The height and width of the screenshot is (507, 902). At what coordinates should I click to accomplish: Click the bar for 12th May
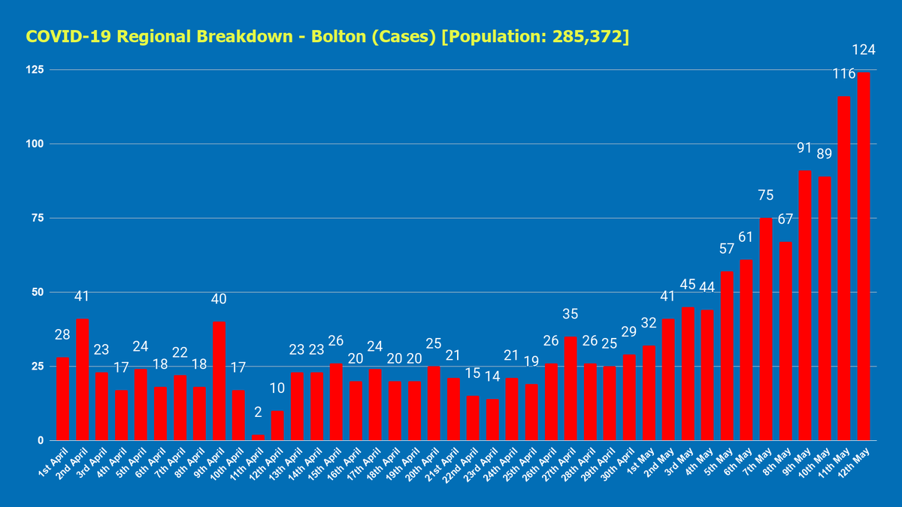coord(864,255)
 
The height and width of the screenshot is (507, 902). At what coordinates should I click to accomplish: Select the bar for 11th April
coord(258,437)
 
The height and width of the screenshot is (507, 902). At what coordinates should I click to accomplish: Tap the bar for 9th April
coord(219,381)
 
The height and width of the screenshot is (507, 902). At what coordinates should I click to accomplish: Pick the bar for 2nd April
coord(82,379)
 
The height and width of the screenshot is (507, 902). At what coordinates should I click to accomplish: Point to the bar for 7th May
coord(766,329)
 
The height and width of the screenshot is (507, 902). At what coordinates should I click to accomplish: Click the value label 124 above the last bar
coord(864,50)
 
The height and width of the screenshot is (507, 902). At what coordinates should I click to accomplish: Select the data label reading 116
coord(844,74)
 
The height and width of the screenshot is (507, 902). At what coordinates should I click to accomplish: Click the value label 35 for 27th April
coord(571,314)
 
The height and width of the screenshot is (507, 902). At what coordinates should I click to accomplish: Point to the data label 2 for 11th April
coord(258,412)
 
